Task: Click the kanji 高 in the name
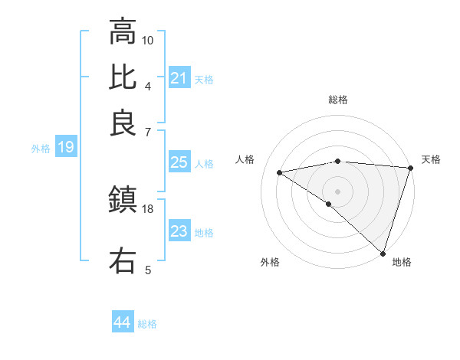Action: click(123, 32)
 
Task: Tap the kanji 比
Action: click(123, 77)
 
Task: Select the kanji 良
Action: click(123, 123)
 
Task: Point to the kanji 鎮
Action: click(123, 201)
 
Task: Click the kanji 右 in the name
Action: click(123, 260)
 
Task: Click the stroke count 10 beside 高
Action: click(148, 40)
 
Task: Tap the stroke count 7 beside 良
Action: click(147, 132)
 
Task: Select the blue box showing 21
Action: click(179, 78)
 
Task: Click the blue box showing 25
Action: click(179, 162)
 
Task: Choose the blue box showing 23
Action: click(179, 231)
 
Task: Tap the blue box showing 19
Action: click(66, 147)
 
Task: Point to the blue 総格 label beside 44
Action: click(147, 324)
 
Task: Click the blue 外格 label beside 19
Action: click(41, 149)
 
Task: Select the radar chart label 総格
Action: click(338, 100)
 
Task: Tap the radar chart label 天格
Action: click(431, 159)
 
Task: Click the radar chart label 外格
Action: click(270, 262)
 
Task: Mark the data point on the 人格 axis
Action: click(280, 172)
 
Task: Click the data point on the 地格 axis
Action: click(383, 253)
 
